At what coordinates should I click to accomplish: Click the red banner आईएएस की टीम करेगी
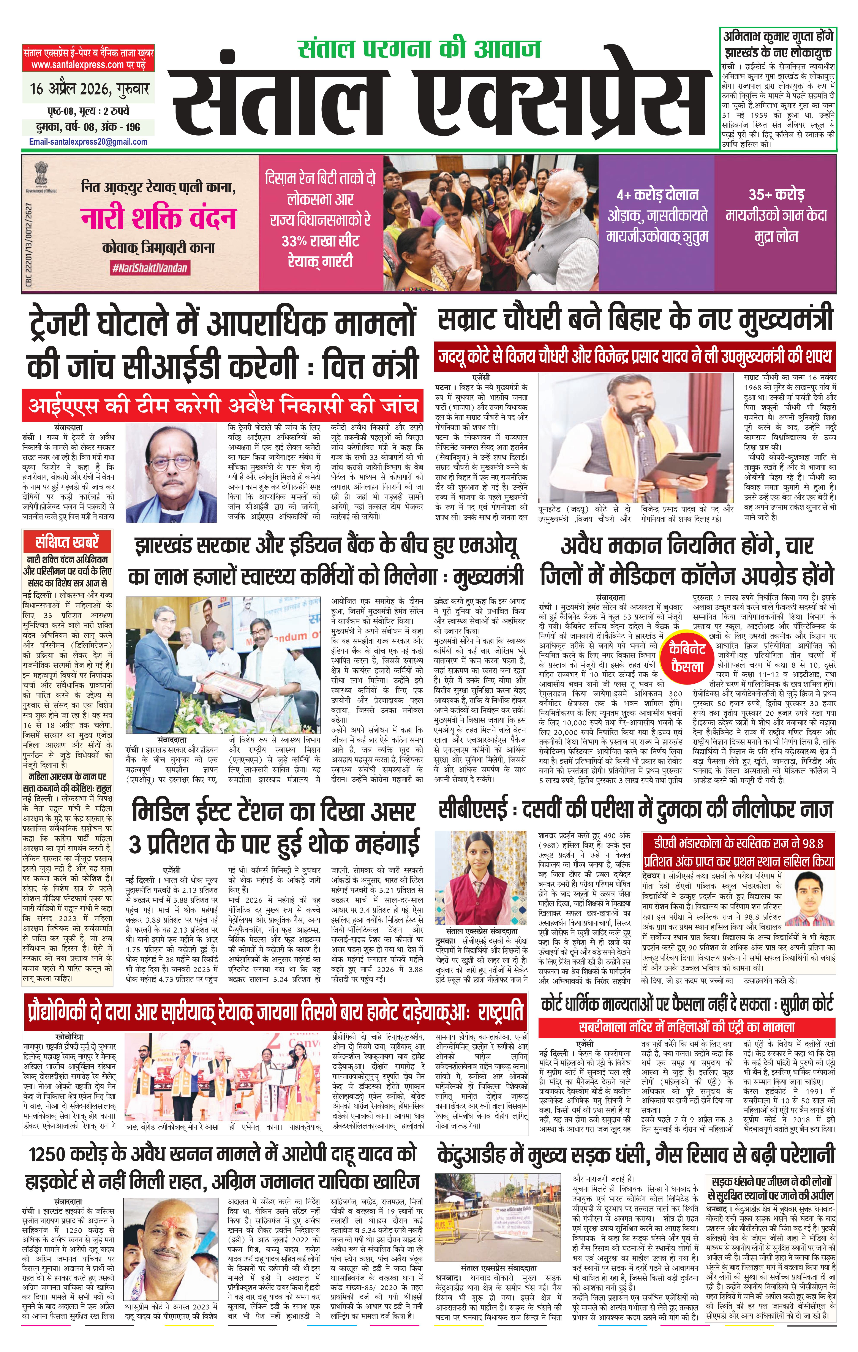[x=222, y=405]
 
